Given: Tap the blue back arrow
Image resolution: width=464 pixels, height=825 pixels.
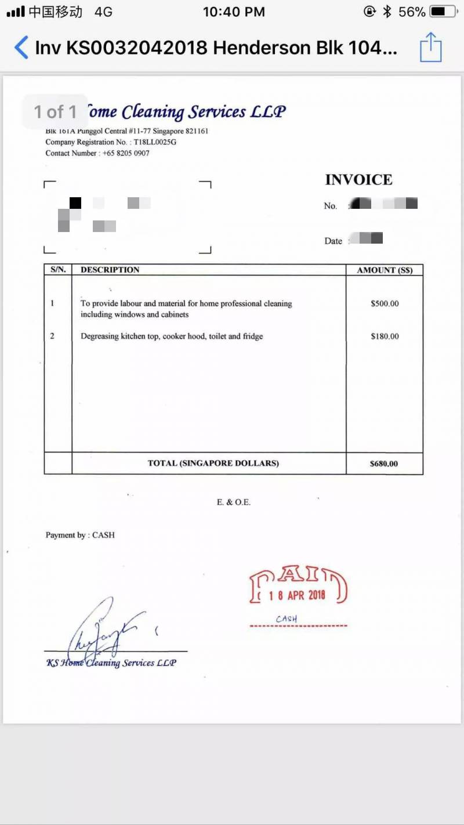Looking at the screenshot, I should pos(21,47).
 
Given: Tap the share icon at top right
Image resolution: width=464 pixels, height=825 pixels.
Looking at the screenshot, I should pos(430,47).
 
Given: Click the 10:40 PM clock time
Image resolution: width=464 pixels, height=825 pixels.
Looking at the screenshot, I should pos(234,12).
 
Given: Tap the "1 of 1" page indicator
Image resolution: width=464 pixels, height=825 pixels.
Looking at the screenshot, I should pos(55,111).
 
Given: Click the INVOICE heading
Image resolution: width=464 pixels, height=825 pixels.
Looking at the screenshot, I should pos(358,180).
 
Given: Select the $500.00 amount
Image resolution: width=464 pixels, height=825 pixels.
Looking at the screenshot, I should pos(385,303).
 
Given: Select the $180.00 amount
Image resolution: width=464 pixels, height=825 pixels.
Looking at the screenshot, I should pos(385,336).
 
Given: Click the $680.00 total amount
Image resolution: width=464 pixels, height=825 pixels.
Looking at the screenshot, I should pos(384,464).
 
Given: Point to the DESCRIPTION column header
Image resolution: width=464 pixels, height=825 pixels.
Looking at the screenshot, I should pos(110,270).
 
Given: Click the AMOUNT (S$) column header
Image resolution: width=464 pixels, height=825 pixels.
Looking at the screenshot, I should pos(385,270).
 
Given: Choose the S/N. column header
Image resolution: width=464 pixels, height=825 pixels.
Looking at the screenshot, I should pos(58,270).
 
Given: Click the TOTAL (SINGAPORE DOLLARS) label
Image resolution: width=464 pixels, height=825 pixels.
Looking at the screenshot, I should pos(213,463).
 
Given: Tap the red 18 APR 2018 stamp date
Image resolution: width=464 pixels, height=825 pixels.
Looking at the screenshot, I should pos(297,595).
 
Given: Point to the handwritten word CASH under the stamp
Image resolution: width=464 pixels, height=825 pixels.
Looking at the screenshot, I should pos(287,619).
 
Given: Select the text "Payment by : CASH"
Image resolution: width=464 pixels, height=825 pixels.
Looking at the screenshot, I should pos(80,535).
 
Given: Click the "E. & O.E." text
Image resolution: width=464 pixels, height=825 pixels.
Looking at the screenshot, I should pos(234,502).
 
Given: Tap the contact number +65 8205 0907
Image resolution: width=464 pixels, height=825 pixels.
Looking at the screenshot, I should pos(126,153).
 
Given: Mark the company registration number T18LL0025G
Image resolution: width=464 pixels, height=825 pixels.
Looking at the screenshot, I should pos(155,142).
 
